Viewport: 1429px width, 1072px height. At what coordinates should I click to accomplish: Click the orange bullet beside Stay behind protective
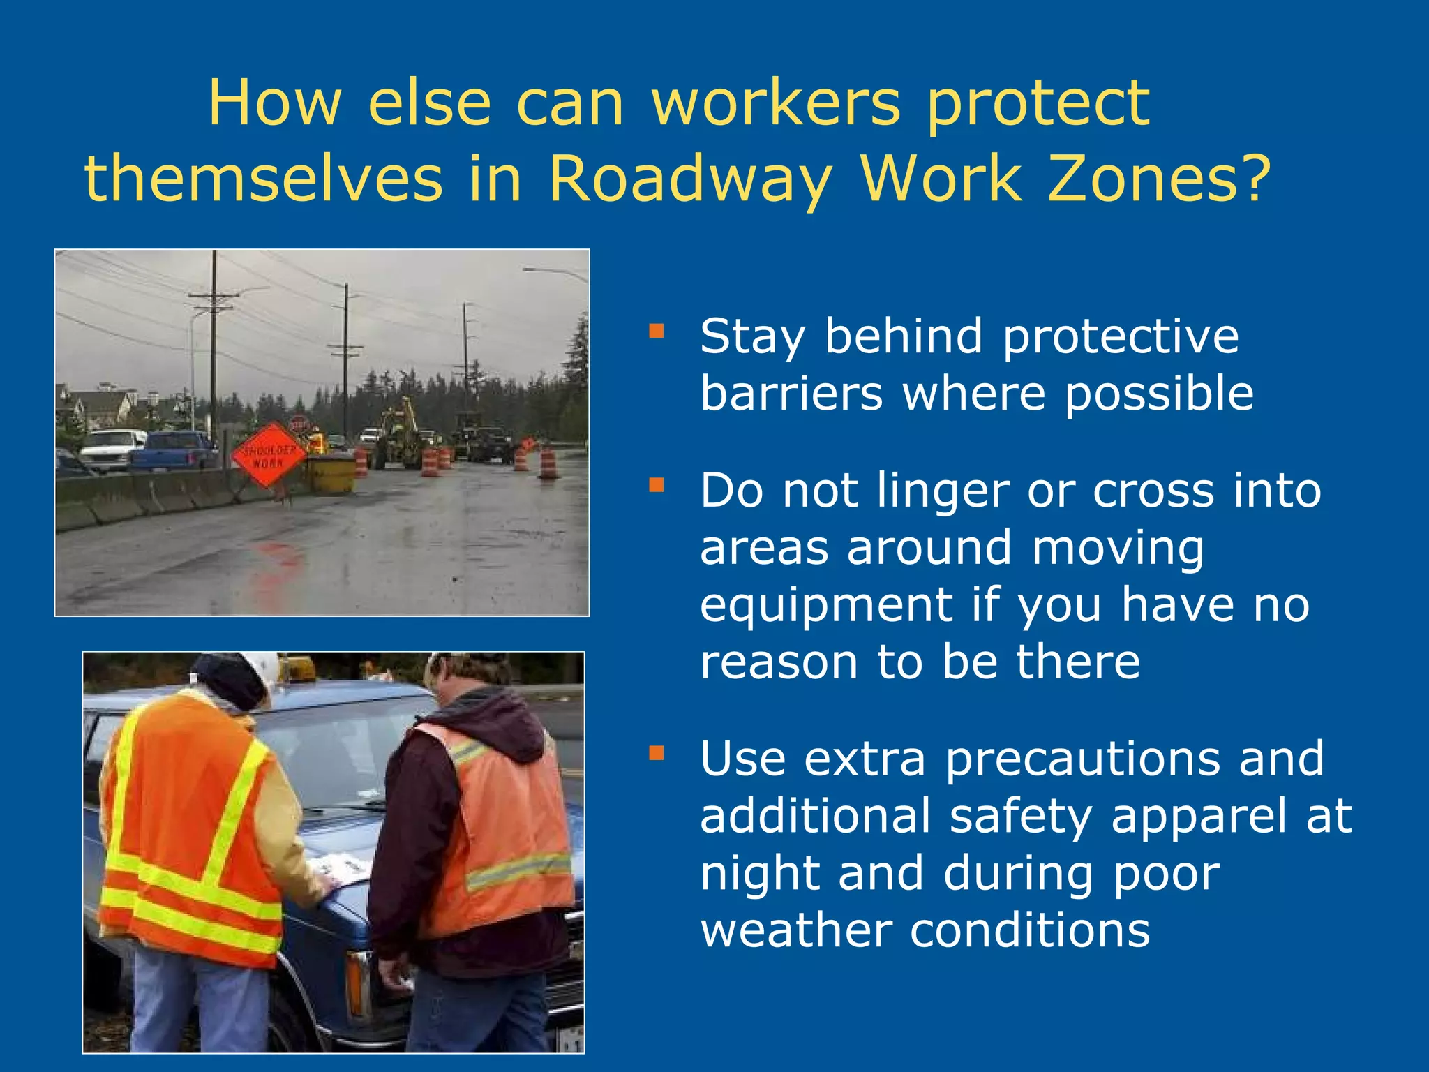(x=656, y=330)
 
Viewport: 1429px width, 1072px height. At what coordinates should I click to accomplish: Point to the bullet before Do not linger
(x=656, y=484)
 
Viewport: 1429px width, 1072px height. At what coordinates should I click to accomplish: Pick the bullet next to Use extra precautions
(x=656, y=752)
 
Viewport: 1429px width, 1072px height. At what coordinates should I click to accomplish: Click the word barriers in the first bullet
(x=791, y=394)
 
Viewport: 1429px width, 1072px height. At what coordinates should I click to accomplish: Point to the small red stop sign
(x=299, y=424)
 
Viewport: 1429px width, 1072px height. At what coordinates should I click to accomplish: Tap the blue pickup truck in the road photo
(x=174, y=450)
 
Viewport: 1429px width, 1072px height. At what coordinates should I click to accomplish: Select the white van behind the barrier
(x=112, y=447)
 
